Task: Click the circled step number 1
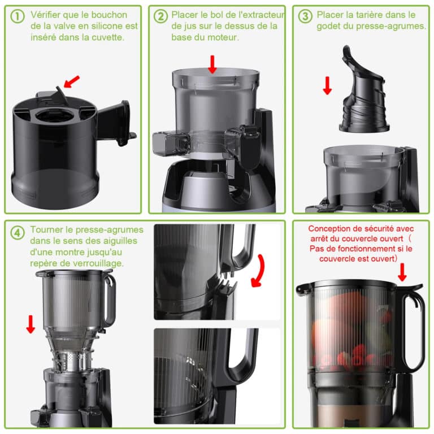click(18, 16)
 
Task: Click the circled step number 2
click(161, 16)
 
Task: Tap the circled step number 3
click(306, 16)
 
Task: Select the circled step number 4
click(18, 232)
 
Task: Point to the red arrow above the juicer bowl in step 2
click(212, 64)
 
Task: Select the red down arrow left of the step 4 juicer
click(31, 324)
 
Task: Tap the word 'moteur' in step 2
click(206, 37)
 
